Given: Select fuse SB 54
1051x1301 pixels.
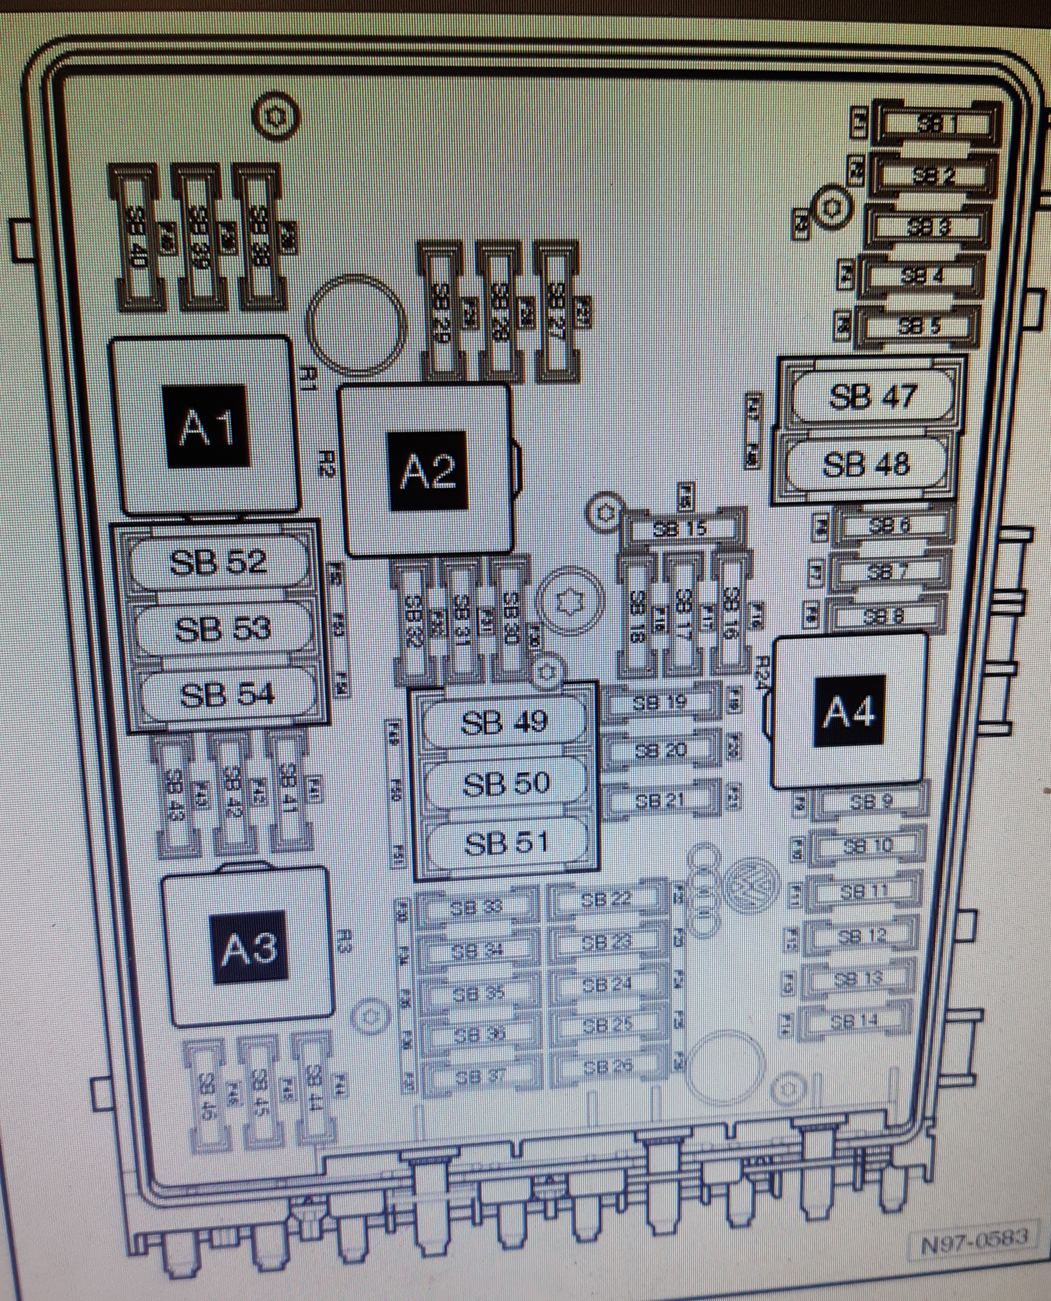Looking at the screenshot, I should [227, 695].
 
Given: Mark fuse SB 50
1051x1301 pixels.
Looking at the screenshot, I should [506, 783].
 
